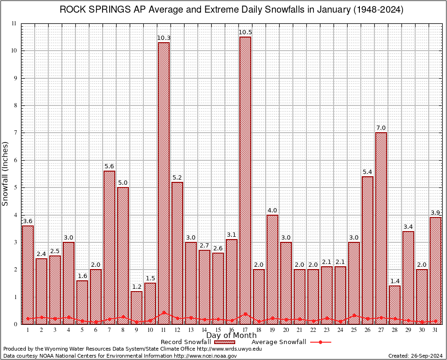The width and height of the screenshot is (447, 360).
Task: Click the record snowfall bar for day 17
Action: [x=245, y=178]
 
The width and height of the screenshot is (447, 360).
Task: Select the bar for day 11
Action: [x=164, y=183]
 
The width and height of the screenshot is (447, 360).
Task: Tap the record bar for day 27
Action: [x=381, y=225]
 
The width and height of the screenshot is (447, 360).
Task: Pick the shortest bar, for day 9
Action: [x=136, y=307]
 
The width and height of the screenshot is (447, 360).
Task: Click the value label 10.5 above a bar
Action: [x=245, y=32]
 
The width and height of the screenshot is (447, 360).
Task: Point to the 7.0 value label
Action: [x=381, y=128]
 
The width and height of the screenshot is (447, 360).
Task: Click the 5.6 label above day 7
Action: [x=109, y=166]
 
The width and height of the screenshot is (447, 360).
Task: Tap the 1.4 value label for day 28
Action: [x=395, y=281]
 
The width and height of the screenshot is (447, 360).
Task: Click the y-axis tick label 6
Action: [x=15, y=160]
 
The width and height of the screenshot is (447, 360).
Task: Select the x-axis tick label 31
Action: [x=435, y=330]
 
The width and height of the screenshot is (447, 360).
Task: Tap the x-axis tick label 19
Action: [x=272, y=330]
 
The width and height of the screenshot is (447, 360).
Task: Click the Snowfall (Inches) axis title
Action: [x=6, y=173]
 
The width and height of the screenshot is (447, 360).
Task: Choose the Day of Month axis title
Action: [x=231, y=336]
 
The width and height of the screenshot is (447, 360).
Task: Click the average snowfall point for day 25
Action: [x=354, y=315]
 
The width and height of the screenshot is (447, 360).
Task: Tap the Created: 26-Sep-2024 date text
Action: [x=416, y=356]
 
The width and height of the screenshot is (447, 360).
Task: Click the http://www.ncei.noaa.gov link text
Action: [x=205, y=356]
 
